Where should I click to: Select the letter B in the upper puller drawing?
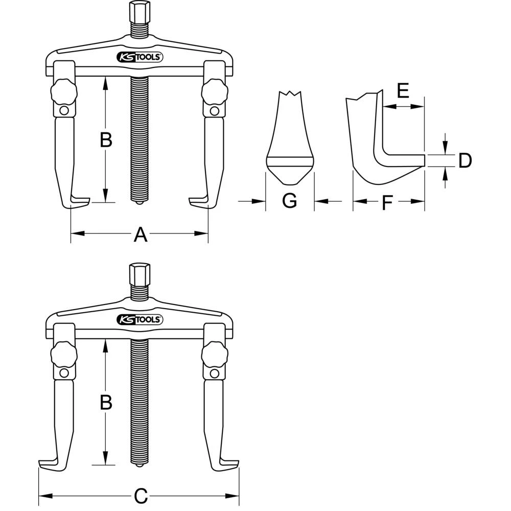coord(106,140)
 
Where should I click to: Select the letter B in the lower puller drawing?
coord(106,403)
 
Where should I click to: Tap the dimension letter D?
coord(464,160)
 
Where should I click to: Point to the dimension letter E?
coord(403,92)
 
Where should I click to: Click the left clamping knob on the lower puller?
coord(64,354)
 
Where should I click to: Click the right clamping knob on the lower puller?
coord(213,354)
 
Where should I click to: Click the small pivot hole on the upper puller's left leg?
coord(64,111)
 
